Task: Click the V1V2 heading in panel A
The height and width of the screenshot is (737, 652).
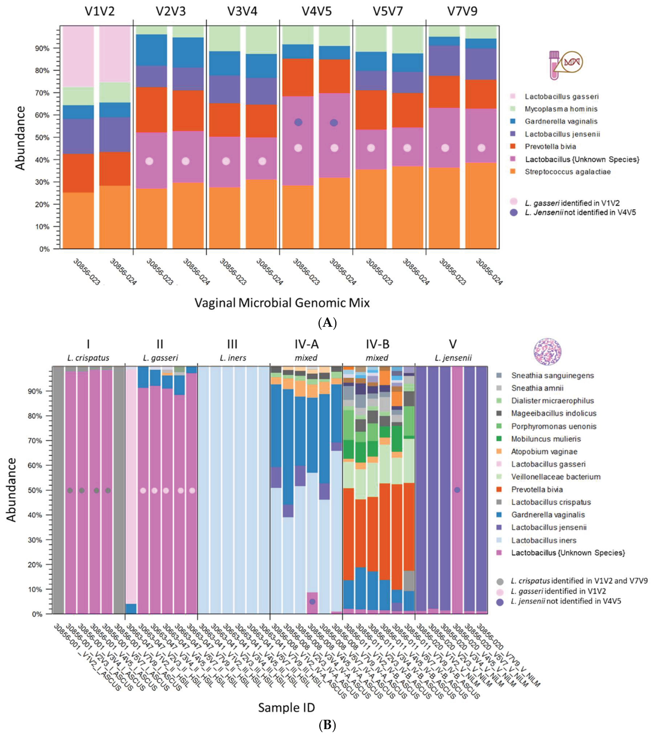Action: point(100,12)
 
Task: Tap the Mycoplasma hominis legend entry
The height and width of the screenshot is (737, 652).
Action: point(561,109)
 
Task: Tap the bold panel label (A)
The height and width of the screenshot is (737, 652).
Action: point(328,322)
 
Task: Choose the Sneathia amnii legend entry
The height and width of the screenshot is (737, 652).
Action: point(537,388)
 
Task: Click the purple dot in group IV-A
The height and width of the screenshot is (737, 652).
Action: point(312,602)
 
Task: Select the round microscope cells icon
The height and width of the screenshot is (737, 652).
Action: point(547,352)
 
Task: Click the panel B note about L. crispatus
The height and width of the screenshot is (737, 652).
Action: point(578,581)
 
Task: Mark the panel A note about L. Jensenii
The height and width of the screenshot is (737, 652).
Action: point(580,212)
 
